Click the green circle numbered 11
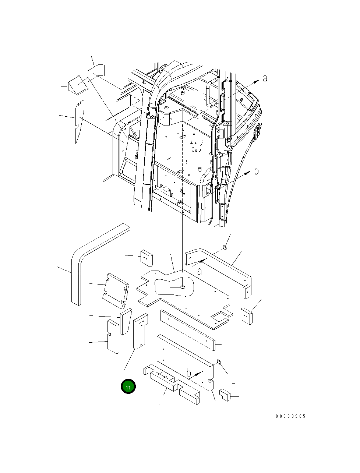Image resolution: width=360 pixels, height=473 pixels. (128, 386)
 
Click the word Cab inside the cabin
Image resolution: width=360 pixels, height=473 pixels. (196, 150)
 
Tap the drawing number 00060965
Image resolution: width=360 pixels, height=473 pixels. (290, 416)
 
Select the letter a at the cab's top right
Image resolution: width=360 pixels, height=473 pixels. (265, 78)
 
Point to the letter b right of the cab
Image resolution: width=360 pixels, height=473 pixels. (257, 171)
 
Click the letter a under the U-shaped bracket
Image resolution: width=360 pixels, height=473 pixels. (199, 271)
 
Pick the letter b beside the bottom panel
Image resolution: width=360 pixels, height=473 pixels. (189, 373)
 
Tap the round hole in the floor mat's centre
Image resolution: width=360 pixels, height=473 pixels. (182, 287)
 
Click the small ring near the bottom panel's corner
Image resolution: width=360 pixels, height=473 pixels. (218, 361)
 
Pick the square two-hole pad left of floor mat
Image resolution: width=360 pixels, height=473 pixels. (146, 258)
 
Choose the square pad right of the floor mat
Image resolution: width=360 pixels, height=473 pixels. (247, 316)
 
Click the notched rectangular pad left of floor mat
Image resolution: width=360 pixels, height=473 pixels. (115, 290)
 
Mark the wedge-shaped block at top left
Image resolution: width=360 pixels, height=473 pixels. (78, 84)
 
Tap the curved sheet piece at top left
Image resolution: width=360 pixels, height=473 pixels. (96, 74)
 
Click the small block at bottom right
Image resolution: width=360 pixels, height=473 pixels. (225, 395)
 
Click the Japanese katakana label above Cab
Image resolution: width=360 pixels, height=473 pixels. (196, 143)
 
